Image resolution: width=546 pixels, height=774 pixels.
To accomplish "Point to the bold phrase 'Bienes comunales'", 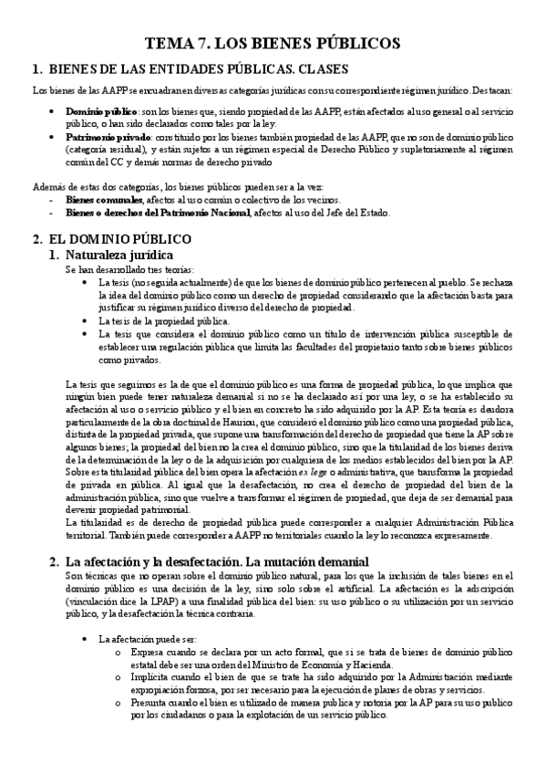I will [x=105, y=200].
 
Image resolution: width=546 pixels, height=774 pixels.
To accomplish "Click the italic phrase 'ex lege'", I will [x=313, y=473].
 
